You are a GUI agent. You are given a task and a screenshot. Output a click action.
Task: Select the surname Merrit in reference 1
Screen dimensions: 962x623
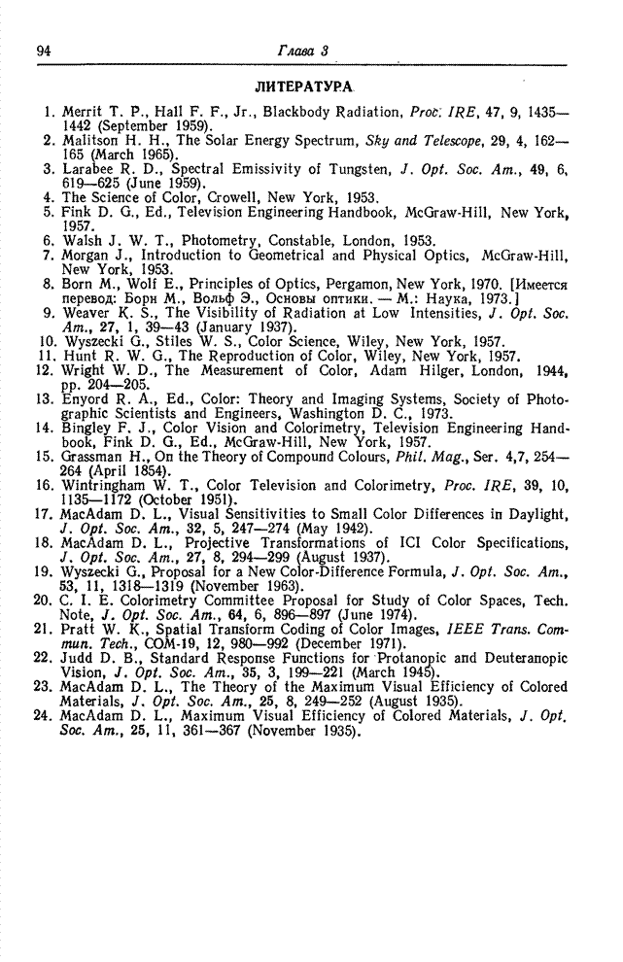82,113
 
